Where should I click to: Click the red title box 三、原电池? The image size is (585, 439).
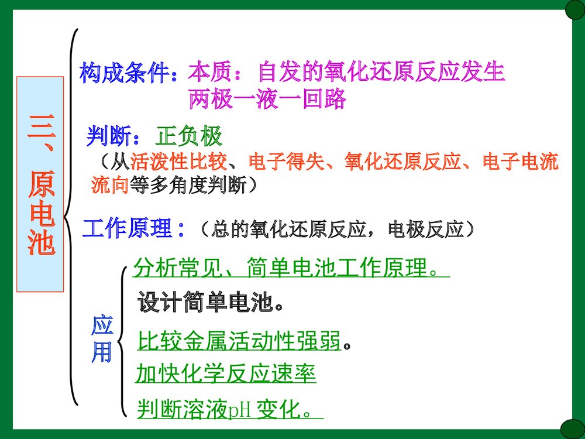[x=40, y=184]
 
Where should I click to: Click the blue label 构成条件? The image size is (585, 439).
[x=125, y=73]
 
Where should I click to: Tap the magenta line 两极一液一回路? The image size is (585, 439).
[x=267, y=100]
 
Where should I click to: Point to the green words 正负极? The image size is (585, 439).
[x=189, y=137]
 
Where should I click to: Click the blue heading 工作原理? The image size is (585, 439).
[x=128, y=229]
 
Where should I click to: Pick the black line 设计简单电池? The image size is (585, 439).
[x=206, y=303]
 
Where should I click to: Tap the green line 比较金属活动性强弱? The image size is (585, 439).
[x=239, y=340]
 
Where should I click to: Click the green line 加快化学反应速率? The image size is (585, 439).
[x=226, y=373]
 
